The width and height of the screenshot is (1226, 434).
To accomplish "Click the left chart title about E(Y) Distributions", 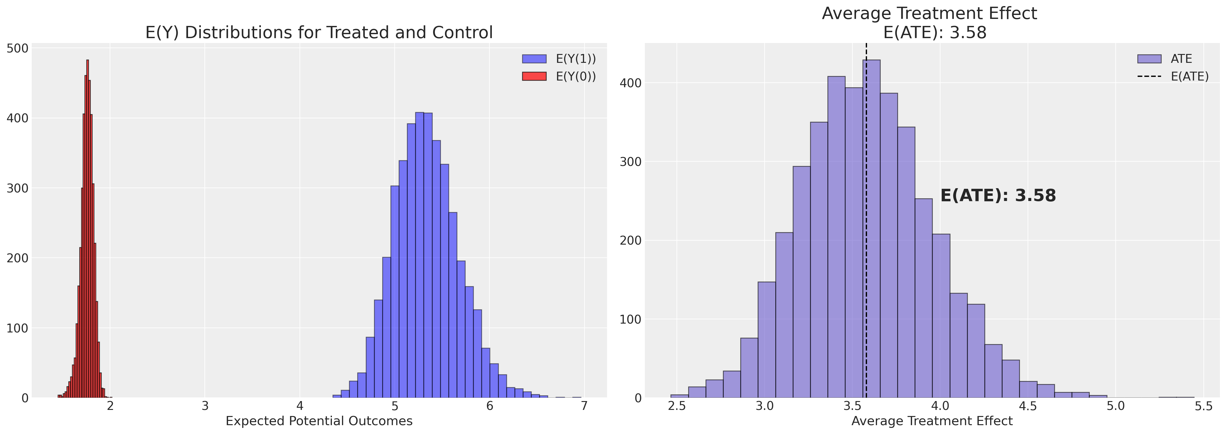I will pos(319,32).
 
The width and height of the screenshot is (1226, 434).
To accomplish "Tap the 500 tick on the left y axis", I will pos(18,48).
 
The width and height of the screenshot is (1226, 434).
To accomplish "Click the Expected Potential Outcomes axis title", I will pos(319,421).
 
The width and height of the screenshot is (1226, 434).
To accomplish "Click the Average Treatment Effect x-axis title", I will pos(932,421).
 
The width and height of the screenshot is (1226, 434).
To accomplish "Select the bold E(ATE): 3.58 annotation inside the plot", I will pos(998,196).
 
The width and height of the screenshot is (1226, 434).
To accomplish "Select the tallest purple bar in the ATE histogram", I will pos(872,229).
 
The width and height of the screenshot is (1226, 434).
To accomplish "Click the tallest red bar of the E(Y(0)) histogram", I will pos(87,229).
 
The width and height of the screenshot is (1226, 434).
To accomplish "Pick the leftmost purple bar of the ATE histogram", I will pos(679,396).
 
